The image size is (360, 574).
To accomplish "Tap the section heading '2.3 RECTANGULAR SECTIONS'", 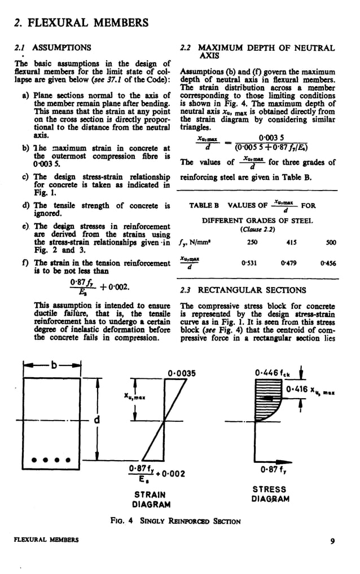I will point(243,290).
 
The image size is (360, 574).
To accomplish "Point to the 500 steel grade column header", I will point(331,242).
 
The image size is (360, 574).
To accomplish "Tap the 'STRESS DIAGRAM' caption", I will point(270,494).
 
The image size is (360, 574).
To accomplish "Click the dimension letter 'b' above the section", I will point(55,365).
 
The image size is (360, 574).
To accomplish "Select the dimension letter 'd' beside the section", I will point(96,420).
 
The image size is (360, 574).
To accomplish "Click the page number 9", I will point(333,542).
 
